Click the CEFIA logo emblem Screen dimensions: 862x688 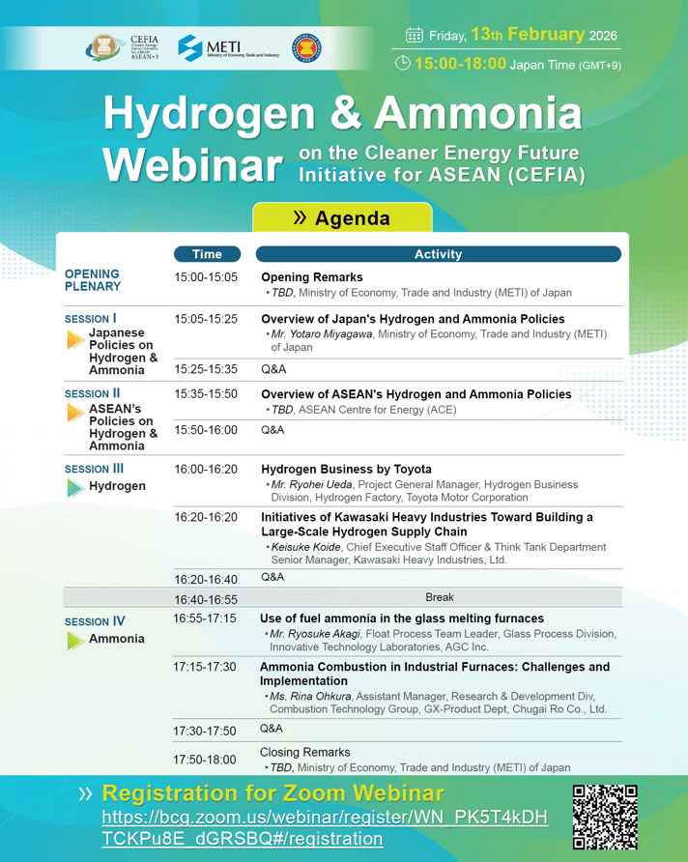pyautogui.click(x=103, y=47)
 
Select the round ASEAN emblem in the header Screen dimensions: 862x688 pyautogui.click(x=306, y=47)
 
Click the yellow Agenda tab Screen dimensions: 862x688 pyautogui.click(x=342, y=218)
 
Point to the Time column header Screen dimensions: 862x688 pyautogui.click(x=207, y=254)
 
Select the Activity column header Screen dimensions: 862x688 pyautogui.click(x=438, y=254)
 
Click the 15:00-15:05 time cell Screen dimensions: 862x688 pyautogui.click(x=205, y=277)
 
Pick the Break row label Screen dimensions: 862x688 pyautogui.click(x=439, y=597)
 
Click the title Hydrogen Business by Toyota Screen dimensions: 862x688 pyautogui.click(x=346, y=470)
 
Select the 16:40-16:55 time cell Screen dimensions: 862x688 pyautogui.click(x=205, y=598)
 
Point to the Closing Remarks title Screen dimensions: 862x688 pyautogui.click(x=305, y=752)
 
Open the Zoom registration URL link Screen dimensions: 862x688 pyautogui.click(x=324, y=828)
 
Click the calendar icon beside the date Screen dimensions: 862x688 pyautogui.click(x=415, y=36)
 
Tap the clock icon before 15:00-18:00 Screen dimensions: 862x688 pyautogui.click(x=403, y=64)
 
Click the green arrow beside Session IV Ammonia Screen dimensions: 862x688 pyautogui.click(x=74, y=640)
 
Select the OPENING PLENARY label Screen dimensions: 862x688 pyautogui.click(x=93, y=280)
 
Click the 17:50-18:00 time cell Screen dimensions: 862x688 pyautogui.click(x=205, y=760)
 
